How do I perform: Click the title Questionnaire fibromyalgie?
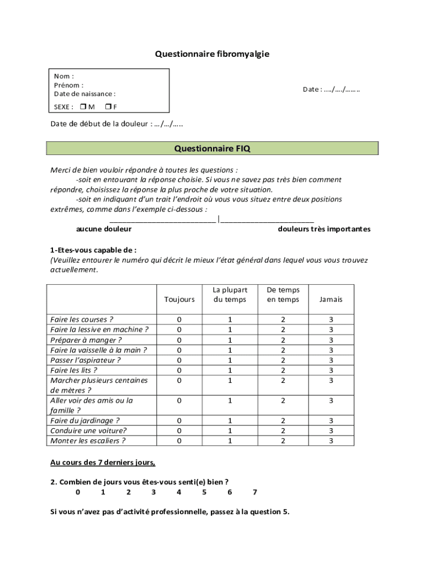click(x=212, y=54)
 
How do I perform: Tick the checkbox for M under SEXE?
click(x=82, y=106)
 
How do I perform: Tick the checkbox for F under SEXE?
click(x=108, y=106)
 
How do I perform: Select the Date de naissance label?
click(x=84, y=94)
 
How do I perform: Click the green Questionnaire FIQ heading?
click(x=212, y=148)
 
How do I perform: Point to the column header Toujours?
click(x=179, y=299)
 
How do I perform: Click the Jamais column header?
click(x=331, y=299)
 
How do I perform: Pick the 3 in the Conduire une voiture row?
click(x=331, y=430)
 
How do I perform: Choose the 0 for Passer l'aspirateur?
click(x=179, y=360)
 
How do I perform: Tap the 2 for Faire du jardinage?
click(x=283, y=420)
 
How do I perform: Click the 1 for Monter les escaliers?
click(x=230, y=440)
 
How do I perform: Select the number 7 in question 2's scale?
click(x=254, y=492)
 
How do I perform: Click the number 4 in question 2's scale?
click(x=179, y=492)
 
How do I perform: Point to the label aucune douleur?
click(x=104, y=229)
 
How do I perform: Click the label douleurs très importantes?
click(x=324, y=229)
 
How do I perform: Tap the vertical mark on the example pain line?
click(x=219, y=219)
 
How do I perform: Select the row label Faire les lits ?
click(x=74, y=370)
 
